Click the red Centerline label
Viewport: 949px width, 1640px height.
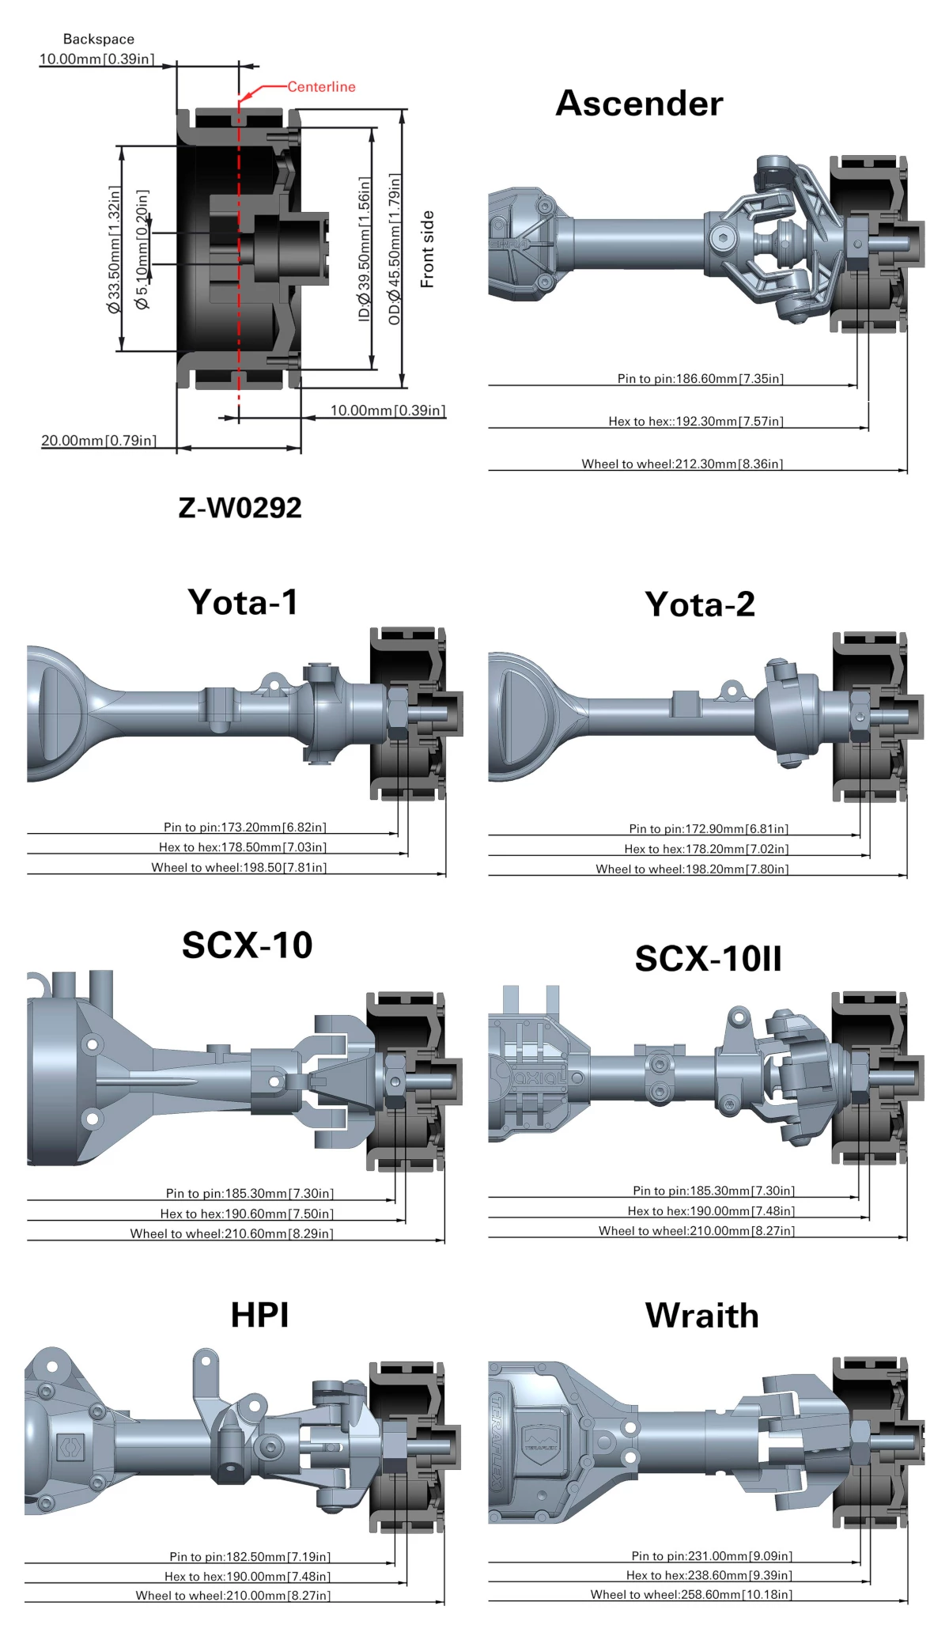click(x=321, y=87)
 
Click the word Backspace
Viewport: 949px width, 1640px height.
click(x=99, y=39)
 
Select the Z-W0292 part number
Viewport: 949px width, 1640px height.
click(x=240, y=507)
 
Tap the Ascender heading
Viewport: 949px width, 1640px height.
click(x=639, y=104)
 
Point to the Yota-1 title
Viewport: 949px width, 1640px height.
click(x=243, y=602)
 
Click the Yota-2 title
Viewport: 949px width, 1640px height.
click(x=700, y=604)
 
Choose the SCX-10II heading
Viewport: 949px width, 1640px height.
click(x=708, y=959)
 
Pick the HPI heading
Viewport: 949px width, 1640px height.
click(x=259, y=1315)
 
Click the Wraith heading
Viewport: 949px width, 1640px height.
click(x=702, y=1316)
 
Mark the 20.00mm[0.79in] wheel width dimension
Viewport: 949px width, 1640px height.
click(x=99, y=441)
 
